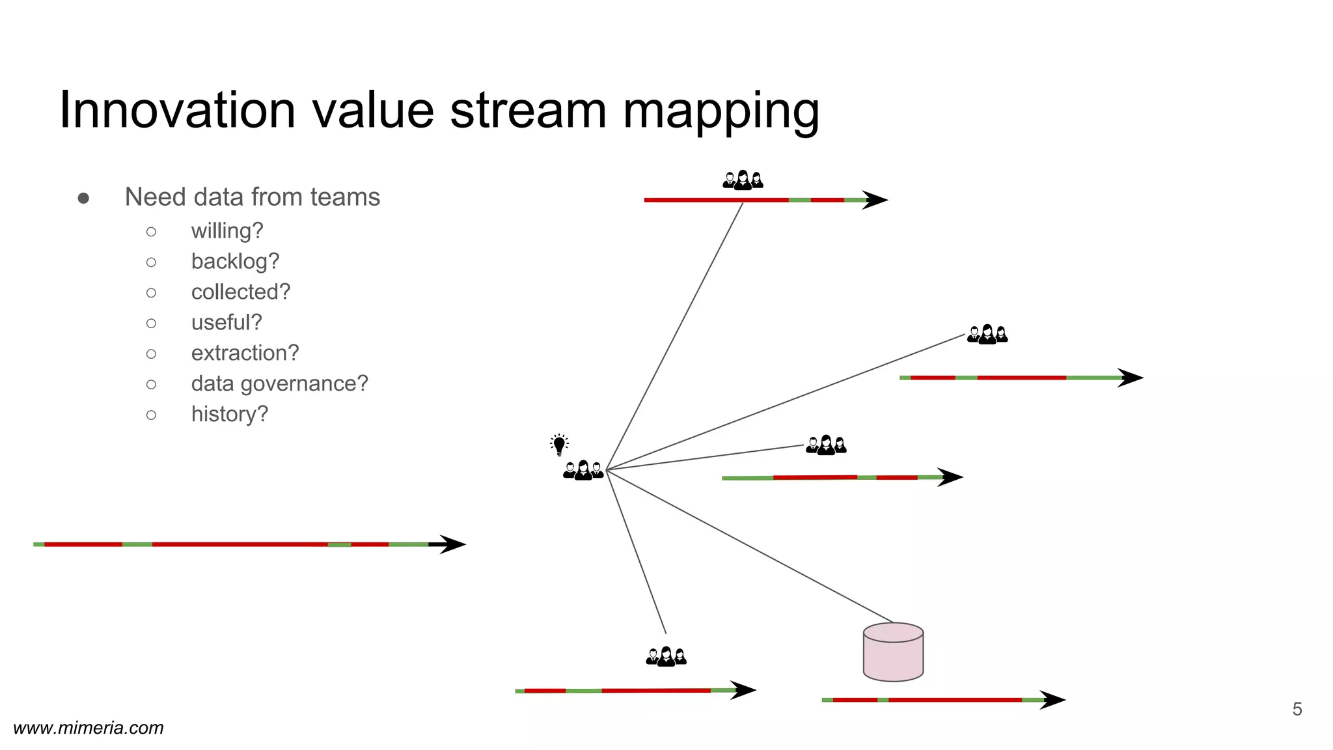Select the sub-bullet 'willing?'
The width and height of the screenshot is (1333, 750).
tap(227, 231)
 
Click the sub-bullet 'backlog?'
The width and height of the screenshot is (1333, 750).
tap(235, 262)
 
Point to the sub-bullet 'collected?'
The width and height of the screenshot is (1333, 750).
tap(240, 292)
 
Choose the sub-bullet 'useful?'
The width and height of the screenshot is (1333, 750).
tap(226, 323)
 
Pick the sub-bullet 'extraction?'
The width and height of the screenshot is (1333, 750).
tap(245, 353)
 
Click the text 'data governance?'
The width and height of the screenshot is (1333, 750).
tap(279, 383)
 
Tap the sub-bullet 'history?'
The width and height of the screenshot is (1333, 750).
tap(229, 414)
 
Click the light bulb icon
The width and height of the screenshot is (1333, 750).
tap(559, 445)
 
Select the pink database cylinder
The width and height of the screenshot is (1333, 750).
tap(893, 652)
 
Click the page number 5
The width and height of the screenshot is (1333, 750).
tap(1297, 709)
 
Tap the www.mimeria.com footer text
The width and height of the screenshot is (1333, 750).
tap(89, 728)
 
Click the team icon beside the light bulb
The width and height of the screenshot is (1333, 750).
tap(583, 470)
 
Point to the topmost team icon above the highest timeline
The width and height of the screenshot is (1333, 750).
tap(743, 180)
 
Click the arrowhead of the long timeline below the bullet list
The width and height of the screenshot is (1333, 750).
tap(452, 544)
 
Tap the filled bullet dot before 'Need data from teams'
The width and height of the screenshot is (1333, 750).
tap(83, 198)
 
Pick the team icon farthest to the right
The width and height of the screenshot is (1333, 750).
tap(987, 335)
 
